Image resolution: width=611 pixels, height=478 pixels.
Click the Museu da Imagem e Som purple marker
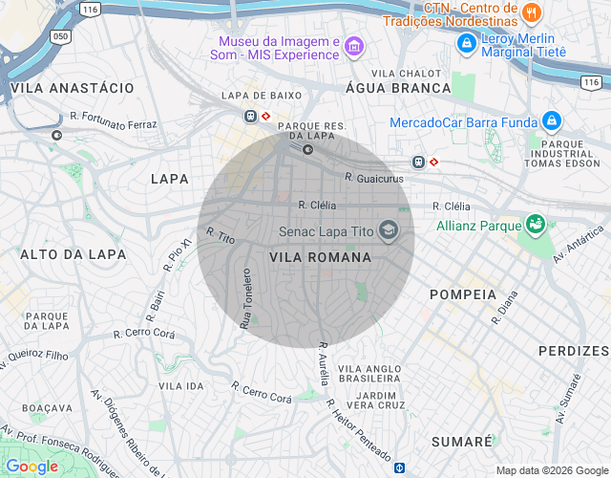(x=354, y=47)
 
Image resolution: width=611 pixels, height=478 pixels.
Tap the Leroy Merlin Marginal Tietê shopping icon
(x=466, y=43)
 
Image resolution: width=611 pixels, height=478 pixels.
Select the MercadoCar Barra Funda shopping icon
(x=551, y=121)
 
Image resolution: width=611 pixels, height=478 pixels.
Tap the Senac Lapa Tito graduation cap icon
(x=388, y=230)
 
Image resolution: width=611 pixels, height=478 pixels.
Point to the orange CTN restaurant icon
(x=532, y=13)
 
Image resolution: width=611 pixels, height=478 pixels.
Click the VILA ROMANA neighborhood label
(x=320, y=257)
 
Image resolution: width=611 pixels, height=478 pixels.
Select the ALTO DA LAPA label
(x=61, y=254)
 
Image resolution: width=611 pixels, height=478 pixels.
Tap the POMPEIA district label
(x=463, y=294)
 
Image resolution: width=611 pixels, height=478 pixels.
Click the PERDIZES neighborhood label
(x=573, y=351)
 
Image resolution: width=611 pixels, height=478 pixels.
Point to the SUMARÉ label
(x=461, y=441)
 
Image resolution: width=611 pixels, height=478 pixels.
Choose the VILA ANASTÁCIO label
(x=73, y=87)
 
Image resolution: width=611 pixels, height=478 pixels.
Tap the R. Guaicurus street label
(x=374, y=178)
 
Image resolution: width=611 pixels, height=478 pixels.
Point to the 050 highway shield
(x=61, y=36)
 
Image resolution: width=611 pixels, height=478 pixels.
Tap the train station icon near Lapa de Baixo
(x=250, y=116)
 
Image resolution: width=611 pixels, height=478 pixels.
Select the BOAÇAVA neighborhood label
(x=47, y=407)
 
